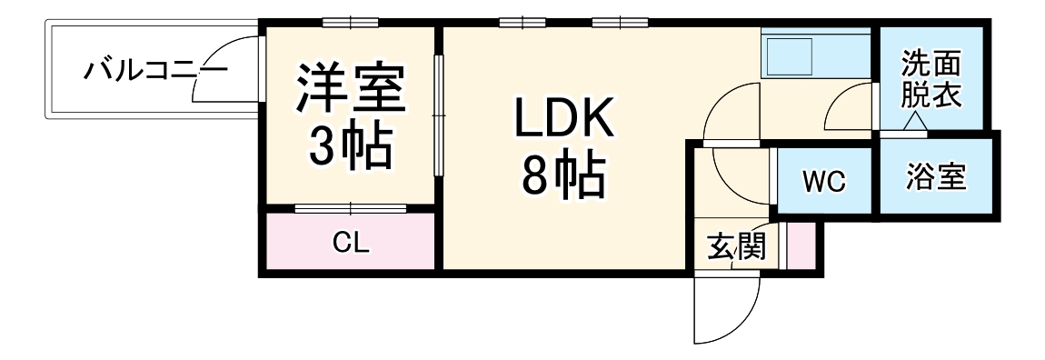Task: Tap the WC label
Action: click(823, 181)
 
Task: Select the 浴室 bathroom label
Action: click(935, 175)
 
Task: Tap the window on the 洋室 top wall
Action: click(350, 23)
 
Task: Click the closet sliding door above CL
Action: click(350, 208)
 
